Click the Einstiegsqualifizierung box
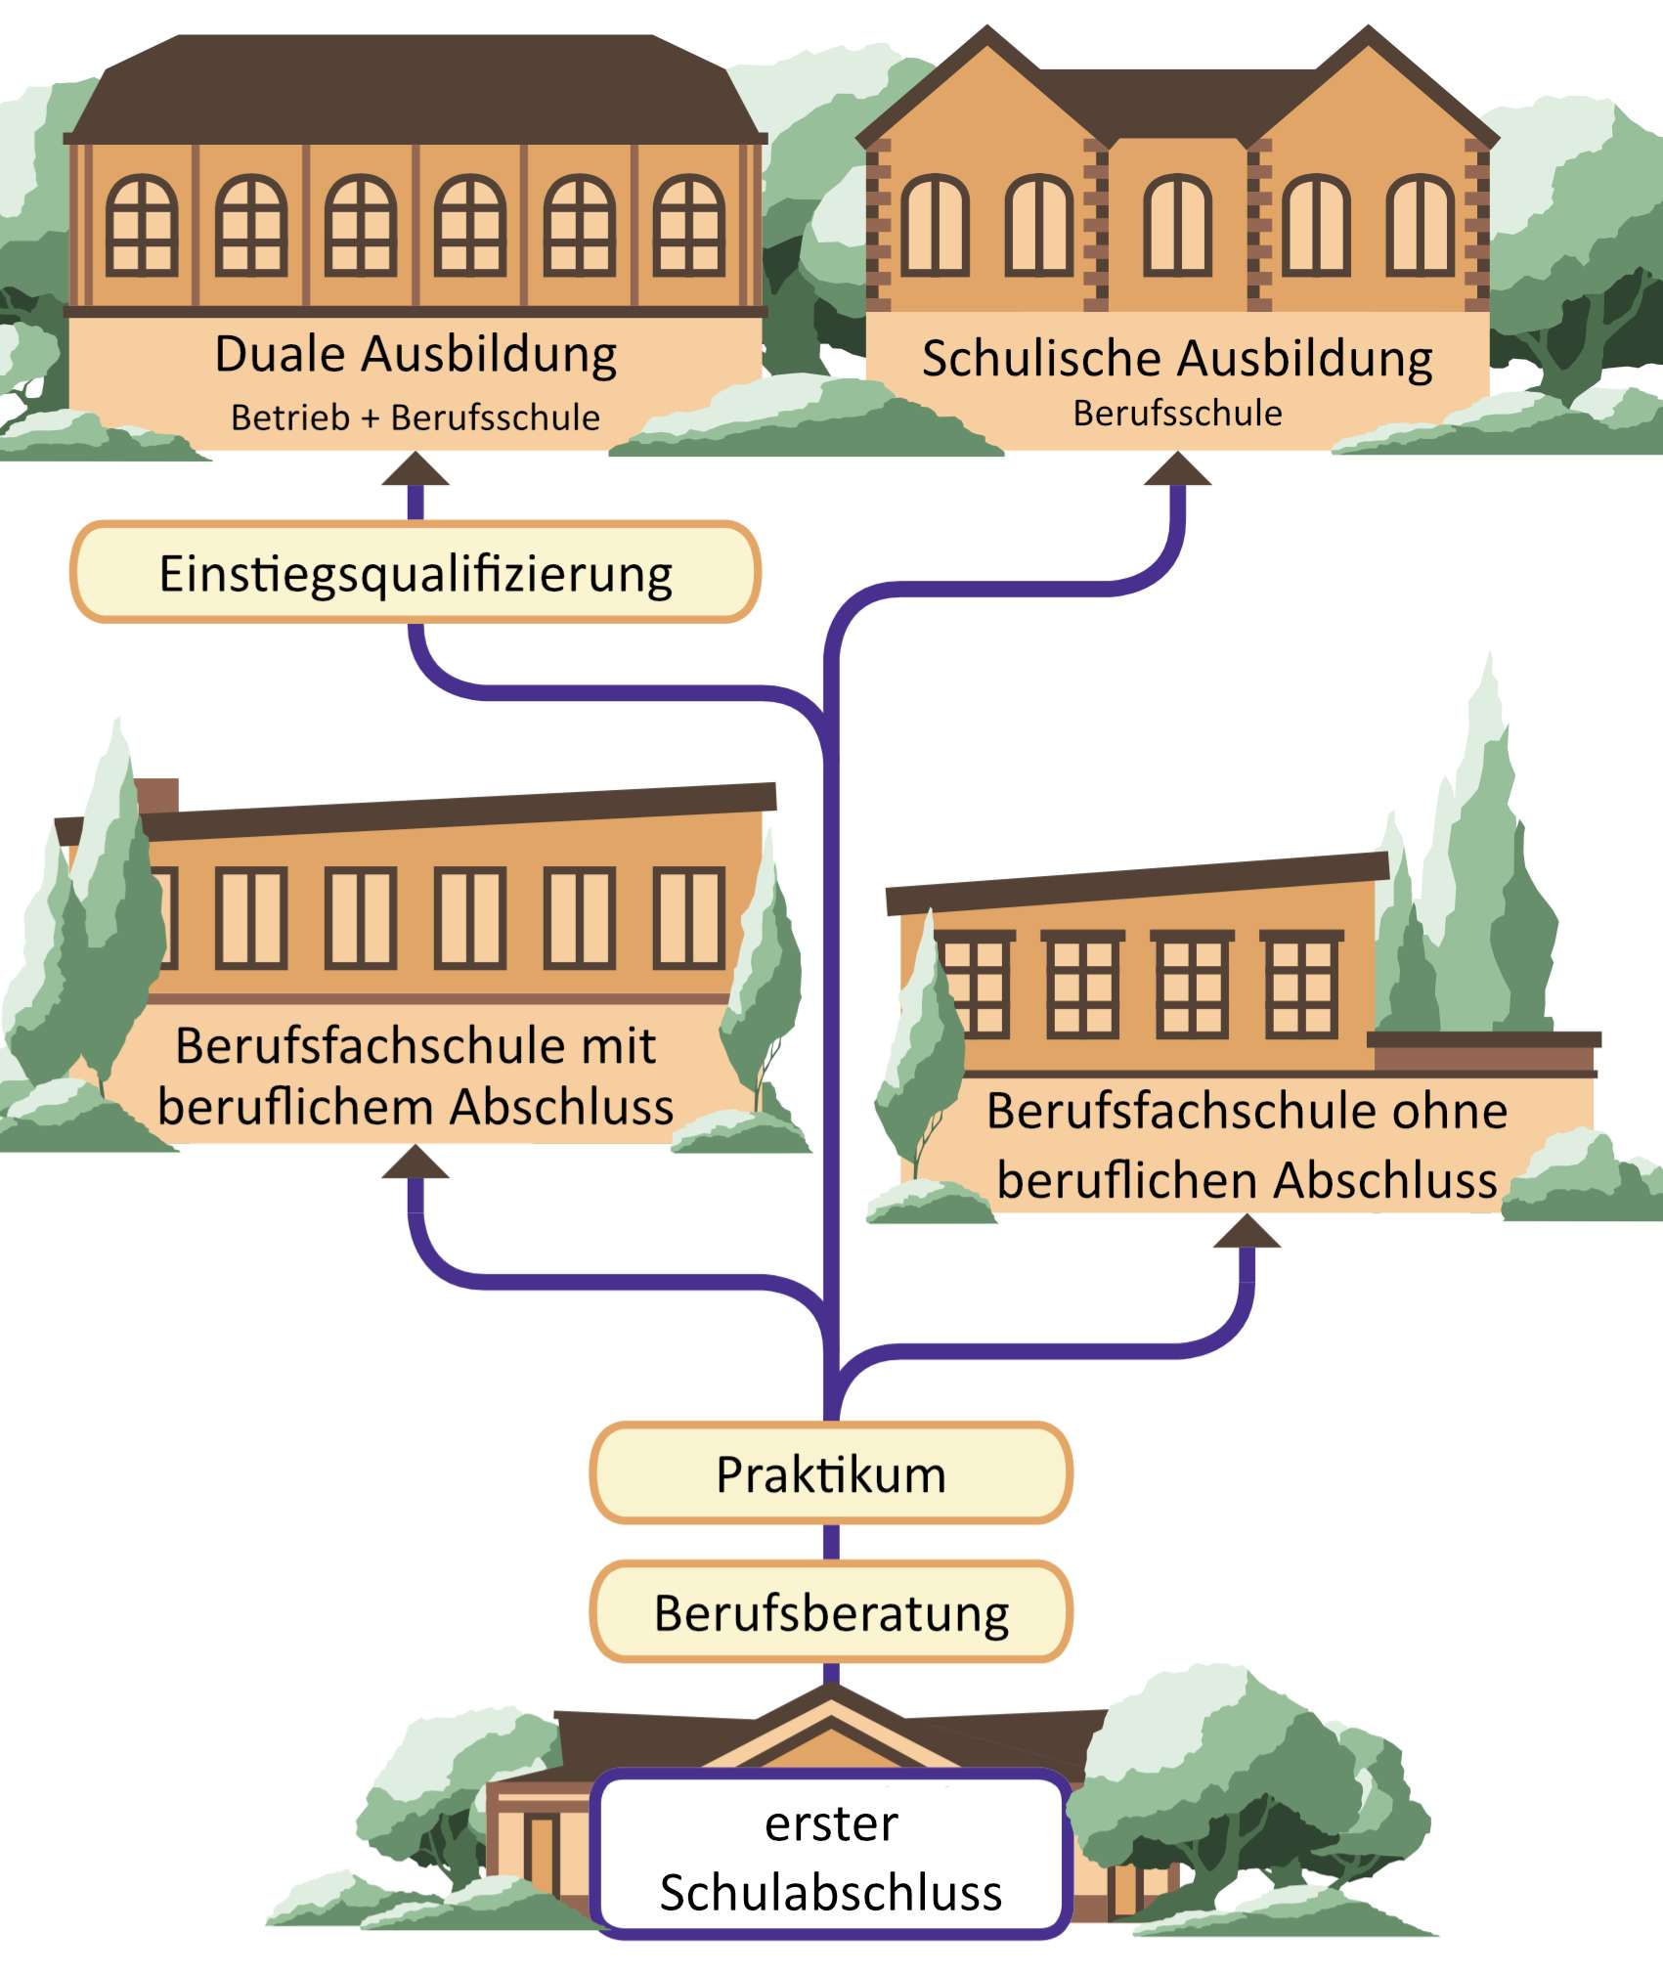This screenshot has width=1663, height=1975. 416,573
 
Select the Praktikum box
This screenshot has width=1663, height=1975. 831,1473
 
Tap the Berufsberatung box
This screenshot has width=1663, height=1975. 831,1612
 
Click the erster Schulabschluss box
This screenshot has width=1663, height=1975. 831,1856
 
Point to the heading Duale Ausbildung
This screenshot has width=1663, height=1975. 416,354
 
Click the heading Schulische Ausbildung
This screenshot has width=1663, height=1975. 1177,358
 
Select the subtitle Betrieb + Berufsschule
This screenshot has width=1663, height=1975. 416,417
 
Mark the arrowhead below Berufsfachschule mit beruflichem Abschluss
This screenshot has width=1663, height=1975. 416,1163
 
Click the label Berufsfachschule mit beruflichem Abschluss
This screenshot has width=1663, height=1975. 416,1076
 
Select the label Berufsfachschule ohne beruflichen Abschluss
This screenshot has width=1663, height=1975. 1247,1145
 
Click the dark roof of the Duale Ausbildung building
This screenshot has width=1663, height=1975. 416,88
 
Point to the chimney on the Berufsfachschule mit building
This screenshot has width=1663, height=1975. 156,796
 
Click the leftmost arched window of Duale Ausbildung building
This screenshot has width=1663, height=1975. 142,225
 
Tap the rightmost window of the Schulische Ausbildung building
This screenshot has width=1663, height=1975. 1420,225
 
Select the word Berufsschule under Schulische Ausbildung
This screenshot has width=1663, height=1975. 1177,414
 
